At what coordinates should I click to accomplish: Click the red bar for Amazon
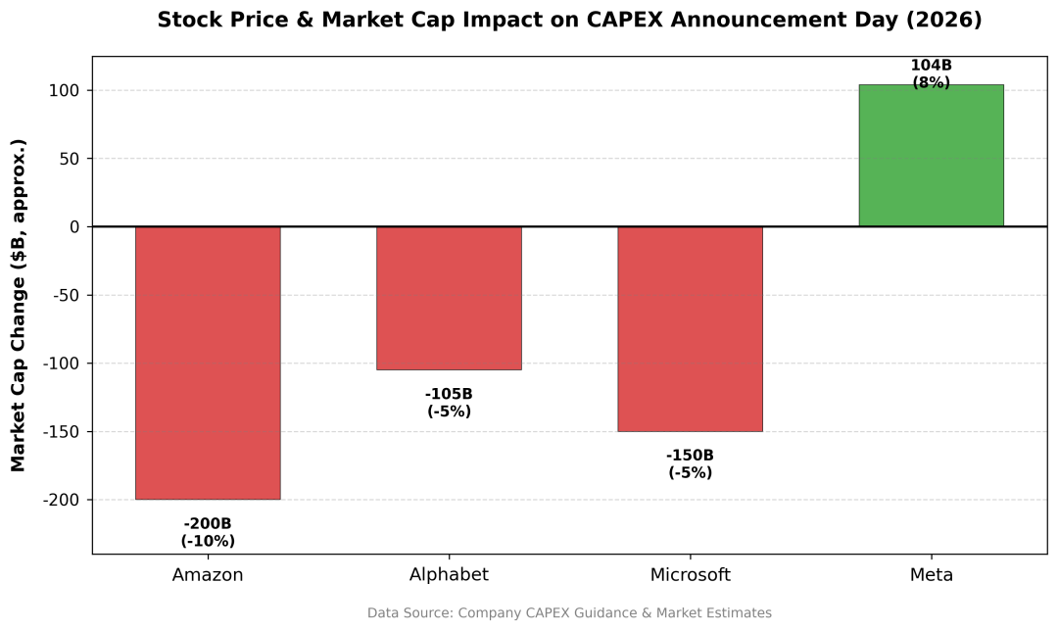point(208,363)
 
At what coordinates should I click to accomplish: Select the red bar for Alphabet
point(449,298)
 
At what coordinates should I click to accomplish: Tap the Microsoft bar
point(690,328)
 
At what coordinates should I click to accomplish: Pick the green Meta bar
point(931,156)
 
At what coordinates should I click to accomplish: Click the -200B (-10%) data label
point(208,532)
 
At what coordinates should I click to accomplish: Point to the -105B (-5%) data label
point(449,403)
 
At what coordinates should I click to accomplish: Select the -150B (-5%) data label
point(690,463)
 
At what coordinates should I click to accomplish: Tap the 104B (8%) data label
point(931,74)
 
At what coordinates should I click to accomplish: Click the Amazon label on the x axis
point(208,575)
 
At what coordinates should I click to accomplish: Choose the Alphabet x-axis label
point(449,575)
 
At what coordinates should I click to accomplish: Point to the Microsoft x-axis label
point(690,575)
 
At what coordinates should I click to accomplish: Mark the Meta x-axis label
point(931,575)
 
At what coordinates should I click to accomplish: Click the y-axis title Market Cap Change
point(19,305)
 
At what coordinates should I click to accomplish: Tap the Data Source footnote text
point(569,613)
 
